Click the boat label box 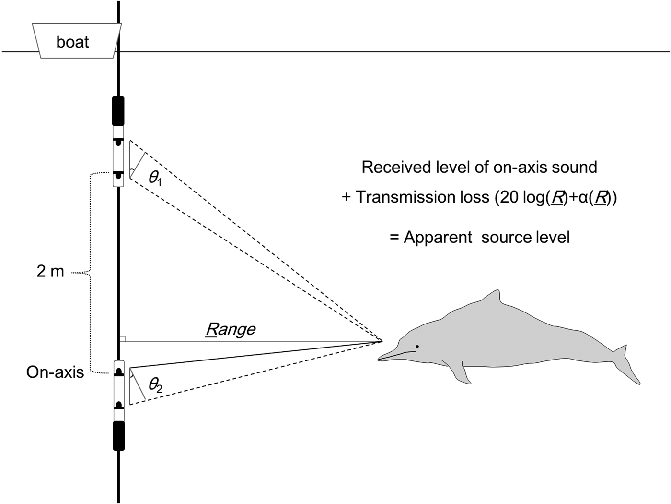coord(73,41)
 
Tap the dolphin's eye coord(418,346)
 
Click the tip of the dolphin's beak coord(380,358)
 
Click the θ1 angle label coord(155,178)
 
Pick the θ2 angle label coord(155,384)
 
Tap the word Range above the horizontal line coord(231,329)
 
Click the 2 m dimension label coord(50,272)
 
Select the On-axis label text coord(55,372)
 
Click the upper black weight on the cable coord(118,110)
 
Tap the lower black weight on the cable coord(118,436)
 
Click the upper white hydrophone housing coord(118,156)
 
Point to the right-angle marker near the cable coord(122,339)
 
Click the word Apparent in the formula coord(438,238)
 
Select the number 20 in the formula coord(508,197)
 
